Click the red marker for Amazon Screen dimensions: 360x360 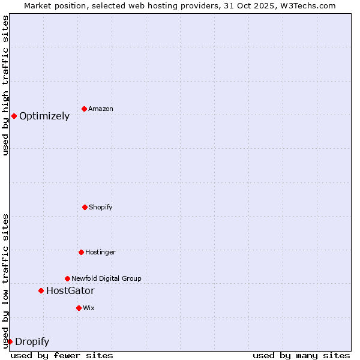click(x=84, y=109)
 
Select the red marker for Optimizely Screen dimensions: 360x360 click(x=14, y=116)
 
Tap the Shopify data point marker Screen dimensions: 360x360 click(x=85, y=207)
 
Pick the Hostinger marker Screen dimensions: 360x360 click(x=81, y=252)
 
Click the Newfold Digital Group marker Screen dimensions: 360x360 click(x=67, y=278)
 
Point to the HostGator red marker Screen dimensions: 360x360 click(x=41, y=290)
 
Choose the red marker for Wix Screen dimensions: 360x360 click(x=79, y=308)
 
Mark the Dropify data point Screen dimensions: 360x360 click(x=10, y=341)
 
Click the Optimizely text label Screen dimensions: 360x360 click(x=44, y=116)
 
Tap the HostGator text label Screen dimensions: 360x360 click(x=70, y=291)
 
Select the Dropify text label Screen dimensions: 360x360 click(x=32, y=342)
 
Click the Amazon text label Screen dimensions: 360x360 click(x=101, y=109)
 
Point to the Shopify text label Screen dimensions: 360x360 click(x=101, y=207)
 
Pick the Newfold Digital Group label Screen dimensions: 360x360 click(x=106, y=278)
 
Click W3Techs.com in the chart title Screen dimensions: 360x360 click(x=310, y=5)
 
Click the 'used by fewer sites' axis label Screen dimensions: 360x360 click(x=62, y=355)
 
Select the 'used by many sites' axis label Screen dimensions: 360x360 click(x=301, y=355)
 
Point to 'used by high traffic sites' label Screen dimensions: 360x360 click(x=5, y=85)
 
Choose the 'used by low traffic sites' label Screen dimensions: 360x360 click(x=5, y=280)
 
